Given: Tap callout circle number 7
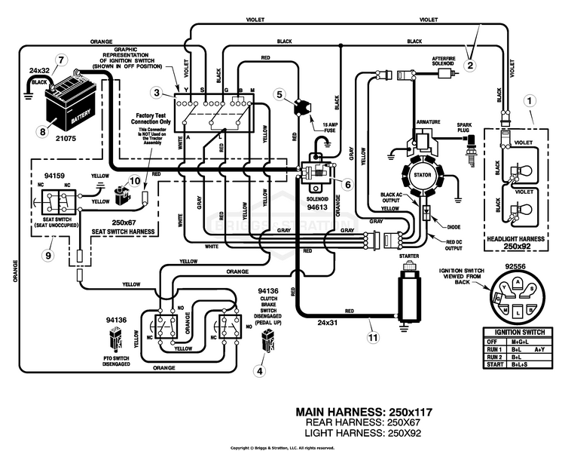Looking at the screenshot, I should tap(61, 60).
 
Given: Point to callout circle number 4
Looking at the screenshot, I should tap(260, 370).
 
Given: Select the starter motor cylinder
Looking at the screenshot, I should tap(405, 294).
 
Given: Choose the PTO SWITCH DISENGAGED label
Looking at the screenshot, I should tap(117, 360).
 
